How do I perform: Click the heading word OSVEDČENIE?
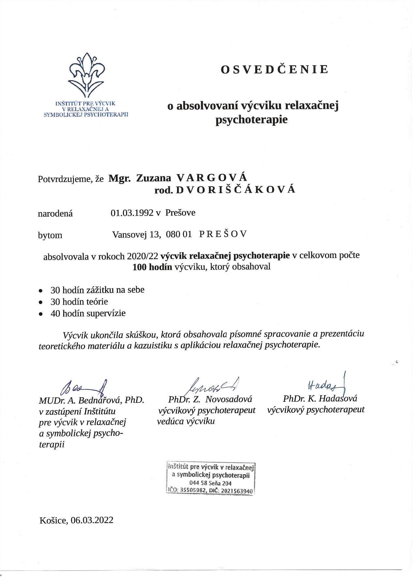click(x=274, y=69)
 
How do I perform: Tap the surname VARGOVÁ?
click(x=212, y=177)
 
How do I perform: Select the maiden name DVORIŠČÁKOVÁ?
click(x=235, y=190)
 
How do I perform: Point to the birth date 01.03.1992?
click(x=132, y=213)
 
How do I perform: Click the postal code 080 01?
click(x=179, y=234)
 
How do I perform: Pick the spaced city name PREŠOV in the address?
click(x=223, y=234)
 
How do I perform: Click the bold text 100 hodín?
click(x=152, y=267)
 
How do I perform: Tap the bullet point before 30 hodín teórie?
click(x=41, y=302)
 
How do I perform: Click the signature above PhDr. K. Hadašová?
click(x=326, y=385)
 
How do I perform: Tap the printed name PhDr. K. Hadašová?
click(x=320, y=398)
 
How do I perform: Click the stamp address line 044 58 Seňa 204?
click(x=210, y=483)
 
